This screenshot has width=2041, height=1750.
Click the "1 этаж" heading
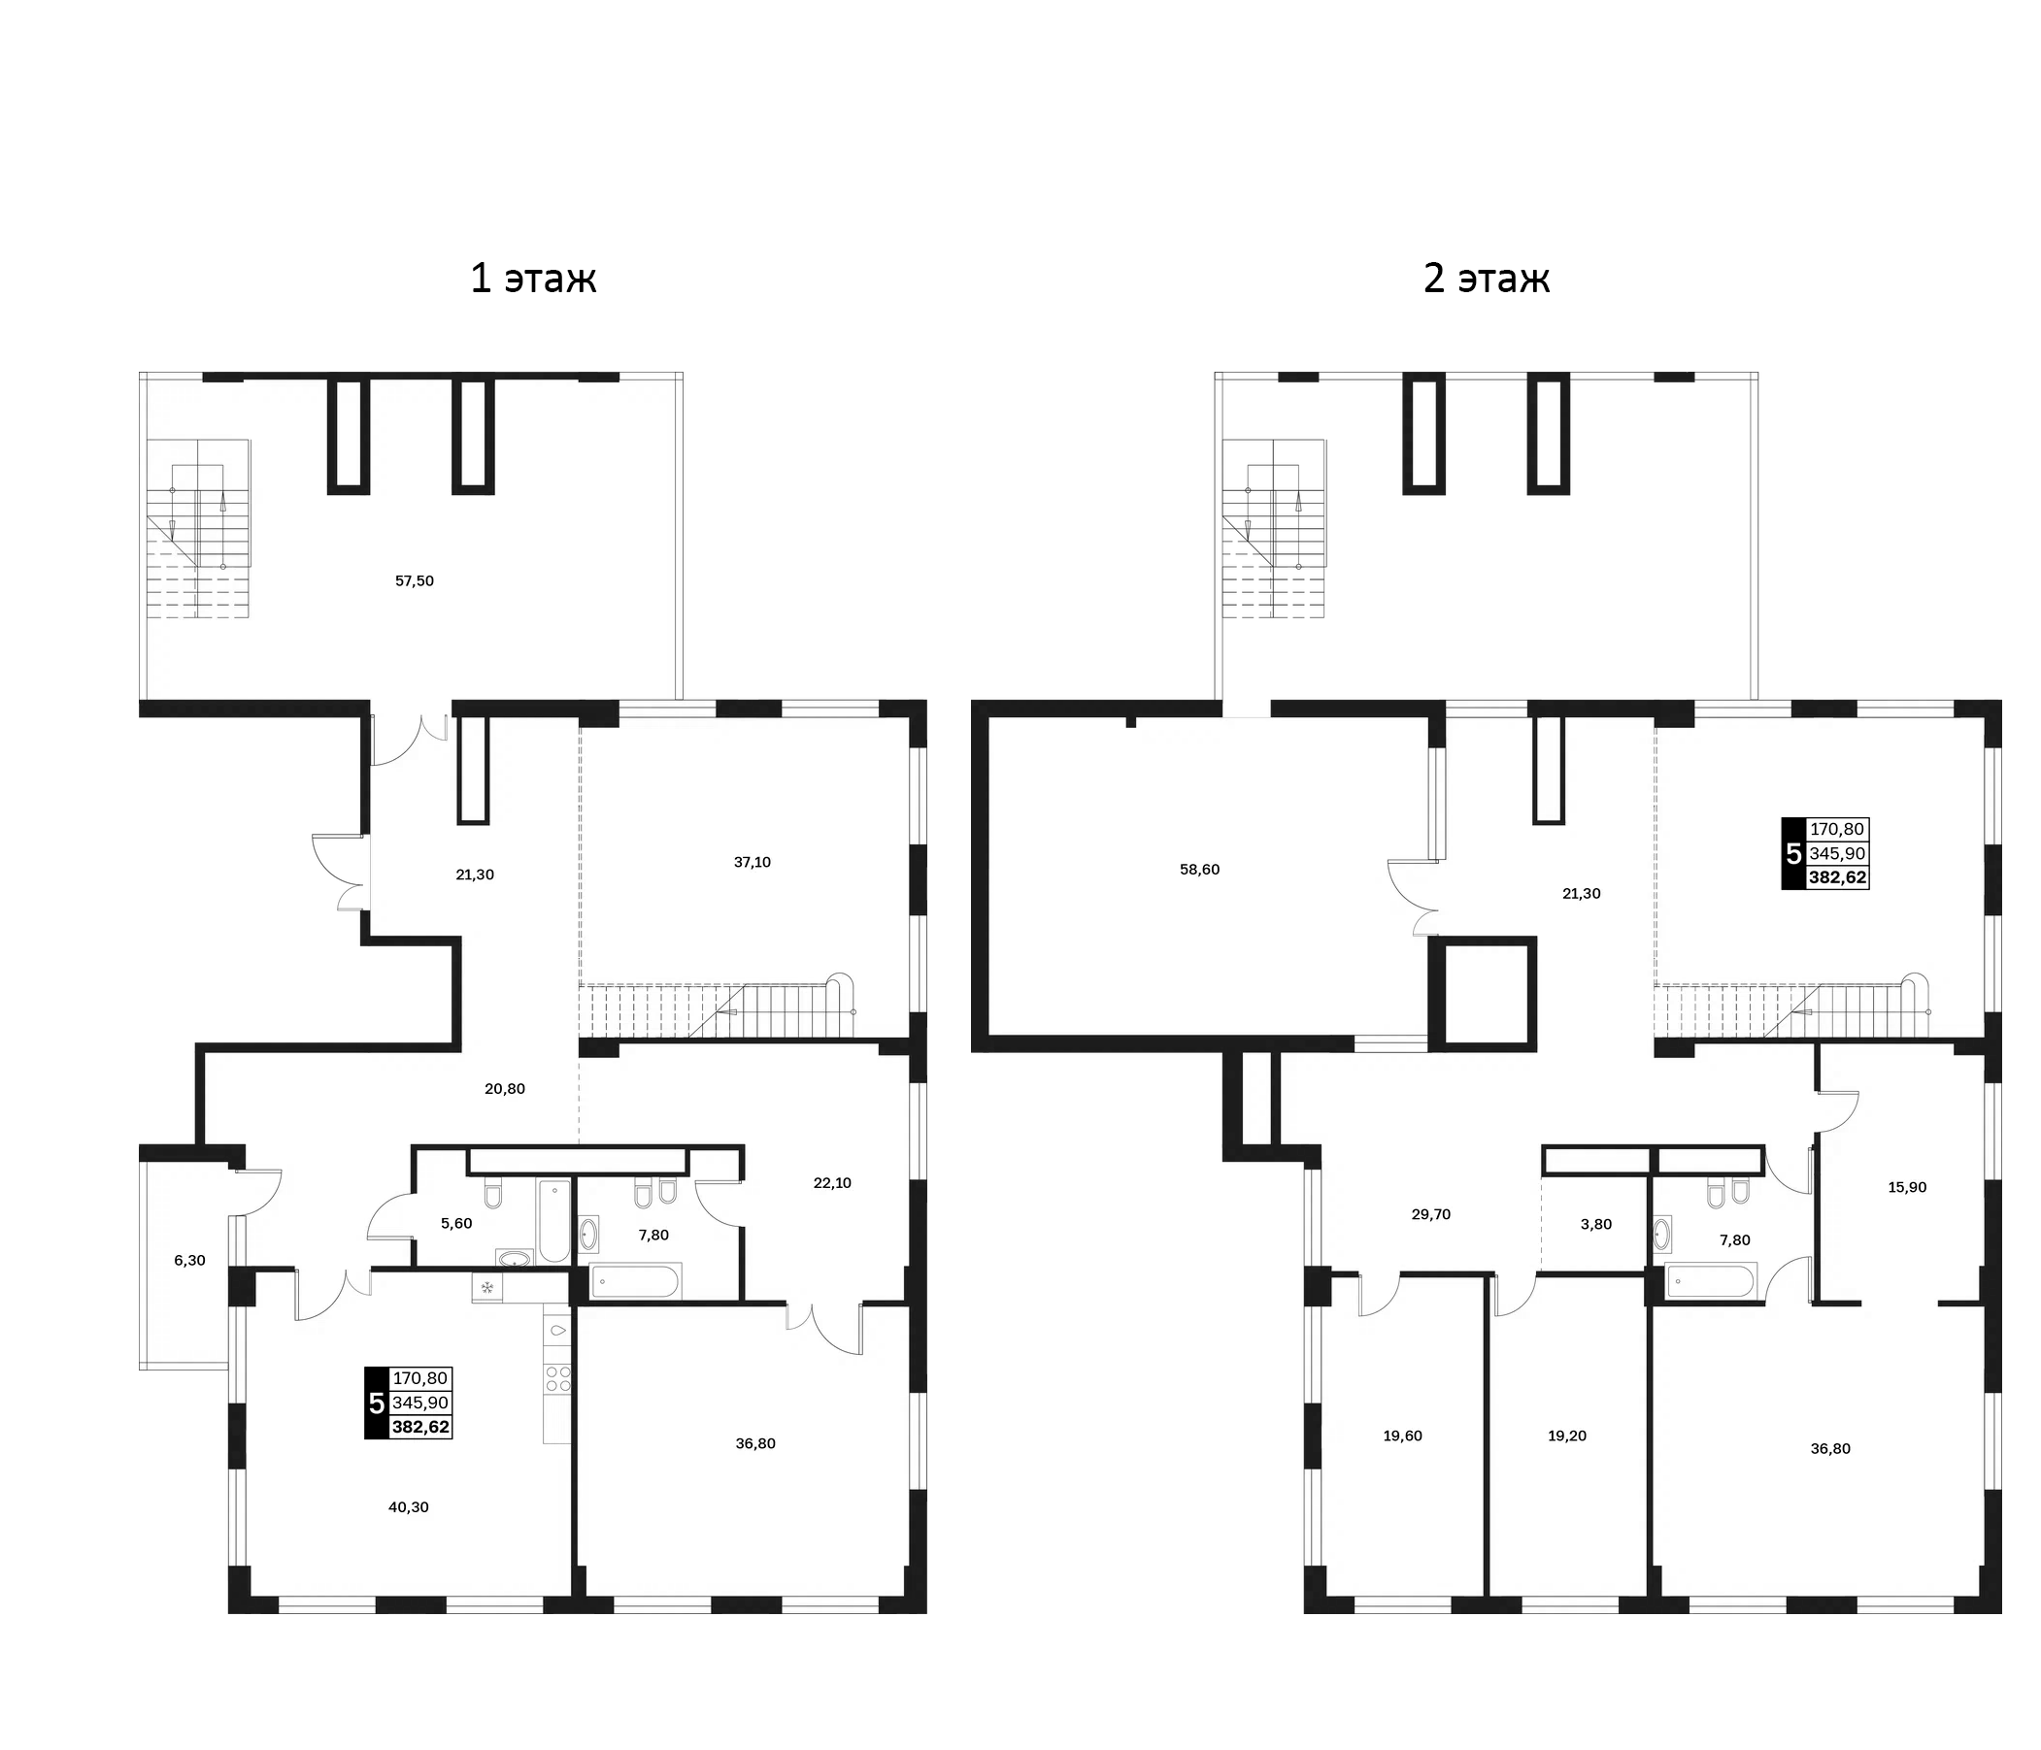pos(533,279)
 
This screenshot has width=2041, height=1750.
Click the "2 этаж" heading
pos(1487,279)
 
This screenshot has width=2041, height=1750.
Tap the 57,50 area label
pos(415,581)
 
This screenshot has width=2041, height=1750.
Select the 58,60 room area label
pos(1200,870)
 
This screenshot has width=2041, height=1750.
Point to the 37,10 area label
pos(753,862)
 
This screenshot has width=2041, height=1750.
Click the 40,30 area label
pos(409,1506)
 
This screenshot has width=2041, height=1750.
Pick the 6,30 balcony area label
pos(189,1260)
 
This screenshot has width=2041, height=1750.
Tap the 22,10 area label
pos(832,1183)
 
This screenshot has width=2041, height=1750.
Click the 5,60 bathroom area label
pos(456,1223)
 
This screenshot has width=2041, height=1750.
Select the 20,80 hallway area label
pos(504,1088)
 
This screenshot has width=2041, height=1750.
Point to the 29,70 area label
pos(1431,1214)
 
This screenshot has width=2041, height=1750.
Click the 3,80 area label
pos(1595,1224)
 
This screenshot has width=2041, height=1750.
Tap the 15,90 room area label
pos(1907,1187)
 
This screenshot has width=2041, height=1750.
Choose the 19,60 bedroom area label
pos(1403,1436)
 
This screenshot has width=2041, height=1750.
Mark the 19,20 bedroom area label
pos(1567,1436)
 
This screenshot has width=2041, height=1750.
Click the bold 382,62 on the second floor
pos(1838,877)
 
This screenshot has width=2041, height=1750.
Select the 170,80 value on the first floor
pos(420,1378)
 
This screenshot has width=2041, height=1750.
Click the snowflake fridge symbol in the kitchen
pos(486,1286)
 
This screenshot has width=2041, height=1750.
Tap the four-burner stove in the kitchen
pos(557,1377)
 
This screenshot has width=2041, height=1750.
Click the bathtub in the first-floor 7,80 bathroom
pos(634,1282)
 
